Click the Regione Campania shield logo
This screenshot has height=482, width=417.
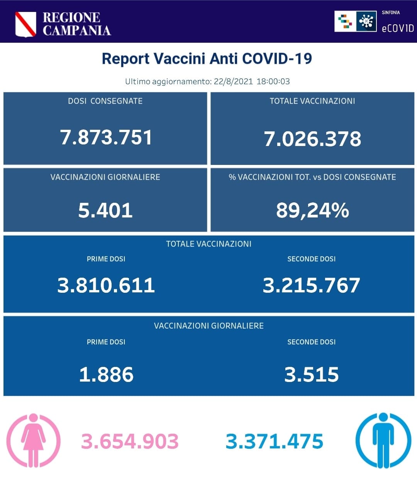25,24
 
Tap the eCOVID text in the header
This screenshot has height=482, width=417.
397,28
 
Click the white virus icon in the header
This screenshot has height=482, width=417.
366,21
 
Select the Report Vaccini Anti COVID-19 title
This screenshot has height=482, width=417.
207,59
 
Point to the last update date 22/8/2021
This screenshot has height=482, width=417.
233,81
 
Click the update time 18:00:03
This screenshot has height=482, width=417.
273,81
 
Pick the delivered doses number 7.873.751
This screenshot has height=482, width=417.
106,137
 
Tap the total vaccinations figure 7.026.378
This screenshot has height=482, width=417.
312,139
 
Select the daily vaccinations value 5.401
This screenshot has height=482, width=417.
105,210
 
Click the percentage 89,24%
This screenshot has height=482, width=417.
312,210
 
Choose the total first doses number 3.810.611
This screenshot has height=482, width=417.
106,285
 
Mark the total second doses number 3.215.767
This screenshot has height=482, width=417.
311,285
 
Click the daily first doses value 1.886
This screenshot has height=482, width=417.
106,375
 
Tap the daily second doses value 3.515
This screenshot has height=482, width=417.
311,375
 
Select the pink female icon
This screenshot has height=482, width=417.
34,440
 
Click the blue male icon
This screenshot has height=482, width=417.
383,440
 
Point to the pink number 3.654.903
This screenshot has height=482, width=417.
130,441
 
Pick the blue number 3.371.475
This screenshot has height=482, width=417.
274,441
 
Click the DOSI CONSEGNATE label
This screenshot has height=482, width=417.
105,101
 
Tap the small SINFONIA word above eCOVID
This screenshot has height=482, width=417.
391,13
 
